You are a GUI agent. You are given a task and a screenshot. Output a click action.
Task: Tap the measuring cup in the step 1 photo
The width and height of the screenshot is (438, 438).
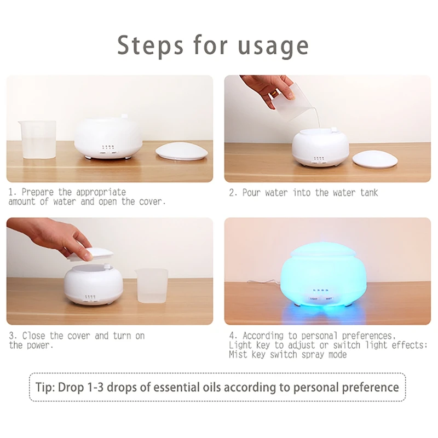click(36, 140)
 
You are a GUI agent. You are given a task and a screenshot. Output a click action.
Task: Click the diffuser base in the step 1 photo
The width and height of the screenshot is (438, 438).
click(108, 137)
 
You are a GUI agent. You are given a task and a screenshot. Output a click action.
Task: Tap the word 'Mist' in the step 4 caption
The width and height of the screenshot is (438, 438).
click(239, 354)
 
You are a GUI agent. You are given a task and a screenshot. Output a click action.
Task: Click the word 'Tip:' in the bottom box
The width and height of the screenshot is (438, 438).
click(51, 388)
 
